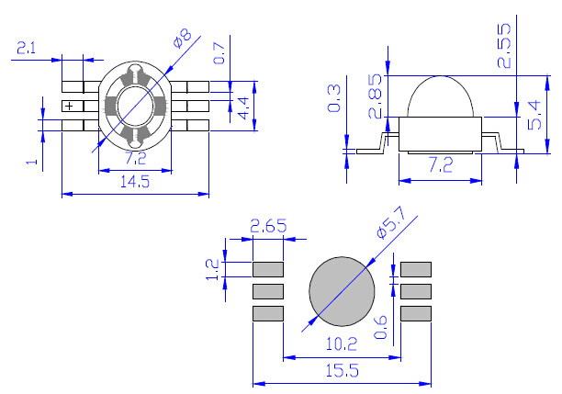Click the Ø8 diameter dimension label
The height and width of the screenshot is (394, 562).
click(183, 39)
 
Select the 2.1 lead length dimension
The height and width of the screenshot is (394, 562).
click(27, 48)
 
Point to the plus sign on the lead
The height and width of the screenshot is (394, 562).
click(69, 107)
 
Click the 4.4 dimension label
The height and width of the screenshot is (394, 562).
click(243, 107)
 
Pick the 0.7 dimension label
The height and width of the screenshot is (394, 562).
click(219, 53)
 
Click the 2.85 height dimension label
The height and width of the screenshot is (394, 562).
click(376, 96)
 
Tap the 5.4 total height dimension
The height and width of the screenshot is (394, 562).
click(534, 115)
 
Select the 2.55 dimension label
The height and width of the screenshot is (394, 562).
click(504, 46)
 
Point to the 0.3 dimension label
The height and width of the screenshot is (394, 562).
click(334, 98)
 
